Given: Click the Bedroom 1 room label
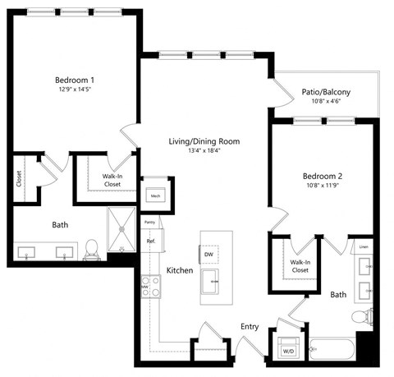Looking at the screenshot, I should [75, 80].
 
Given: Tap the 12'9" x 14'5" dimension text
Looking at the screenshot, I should [75, 90].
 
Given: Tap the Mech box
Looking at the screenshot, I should [155, 195].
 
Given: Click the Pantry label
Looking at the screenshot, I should [149, 223].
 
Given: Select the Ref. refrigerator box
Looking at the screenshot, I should [151, 241].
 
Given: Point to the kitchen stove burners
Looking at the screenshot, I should [151, 286].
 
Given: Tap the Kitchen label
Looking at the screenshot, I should [180, 270].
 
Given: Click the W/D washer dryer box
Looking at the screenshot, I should [288, 349].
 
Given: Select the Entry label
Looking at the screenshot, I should [250, 326].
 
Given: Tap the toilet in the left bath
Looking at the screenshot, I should [93, 247].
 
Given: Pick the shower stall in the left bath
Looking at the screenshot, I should [123, 230].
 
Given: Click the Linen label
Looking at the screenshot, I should [363, 247].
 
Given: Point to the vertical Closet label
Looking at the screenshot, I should [20, 179].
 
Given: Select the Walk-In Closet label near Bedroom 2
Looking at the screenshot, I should [300, 266].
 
